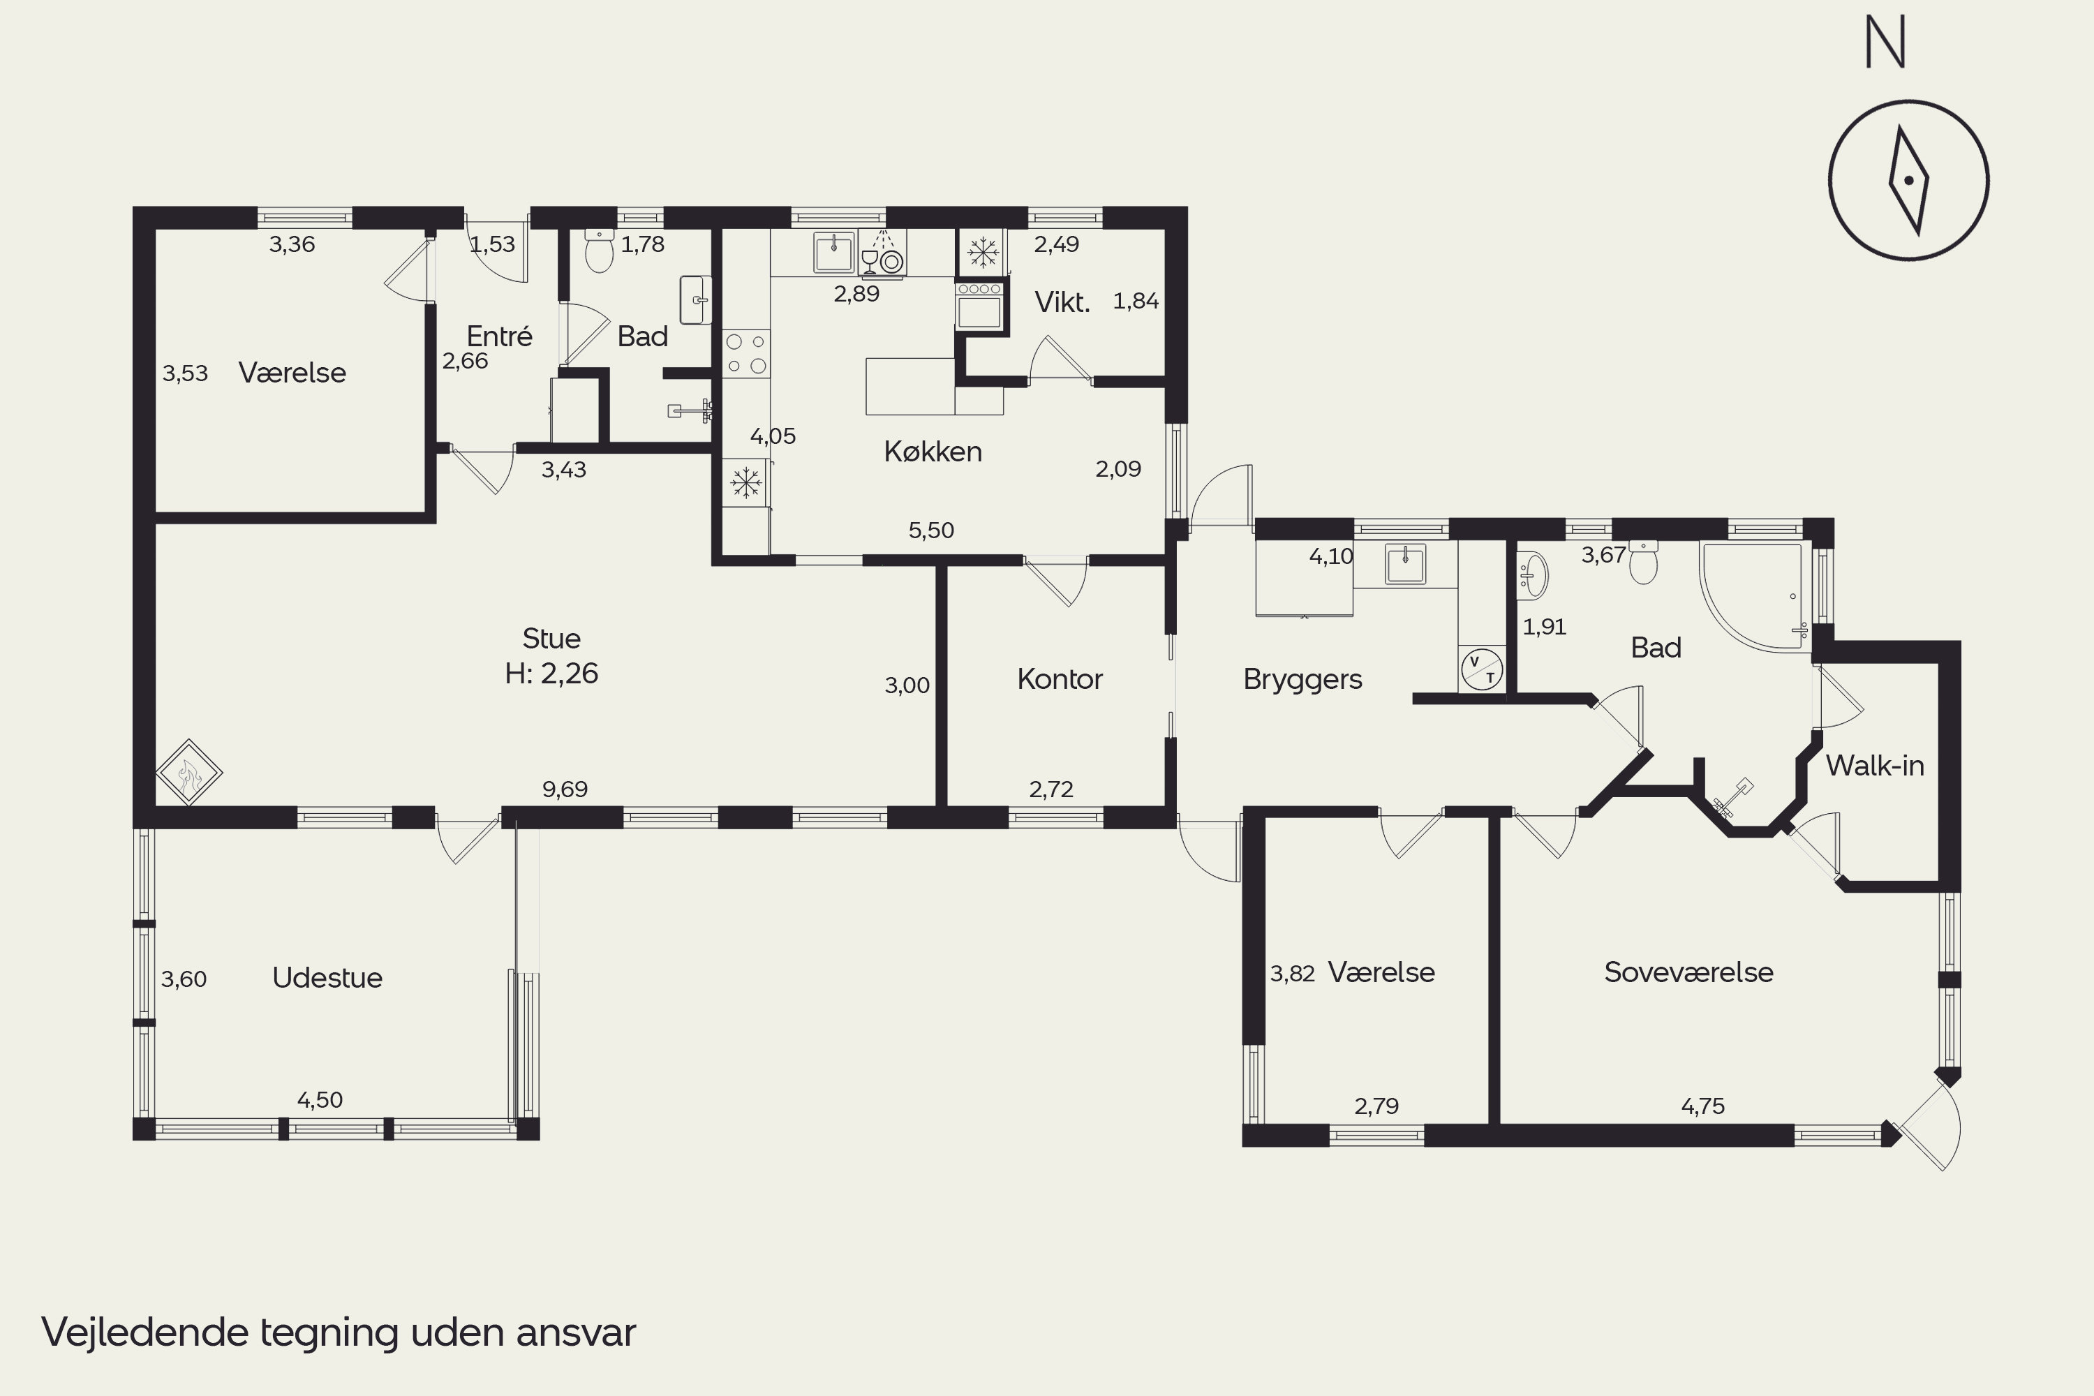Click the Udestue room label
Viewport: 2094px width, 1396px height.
327,978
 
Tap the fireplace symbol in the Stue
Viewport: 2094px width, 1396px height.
188,772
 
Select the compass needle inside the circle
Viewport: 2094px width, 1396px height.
1909,181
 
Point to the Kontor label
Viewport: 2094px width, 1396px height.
1060,679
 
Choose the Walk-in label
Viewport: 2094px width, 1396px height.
1875,766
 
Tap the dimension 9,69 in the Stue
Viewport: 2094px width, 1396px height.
565,789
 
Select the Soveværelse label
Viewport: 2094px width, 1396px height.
1688,972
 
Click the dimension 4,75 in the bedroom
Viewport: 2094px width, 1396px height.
1702,1106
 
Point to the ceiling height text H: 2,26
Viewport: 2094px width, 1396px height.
551,673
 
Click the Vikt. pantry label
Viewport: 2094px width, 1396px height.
1062,303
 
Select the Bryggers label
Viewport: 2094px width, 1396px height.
1302,679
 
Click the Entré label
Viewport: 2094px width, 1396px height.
500,336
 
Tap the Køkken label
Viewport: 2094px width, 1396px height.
933,452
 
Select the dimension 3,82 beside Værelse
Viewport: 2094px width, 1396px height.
1292,973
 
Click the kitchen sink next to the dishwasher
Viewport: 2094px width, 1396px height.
833,252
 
